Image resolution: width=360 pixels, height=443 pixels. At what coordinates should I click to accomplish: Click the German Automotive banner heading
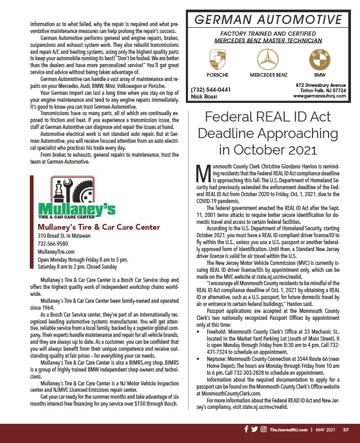click(268, 20)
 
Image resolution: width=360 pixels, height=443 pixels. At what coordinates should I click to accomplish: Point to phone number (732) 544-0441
click(210, 90)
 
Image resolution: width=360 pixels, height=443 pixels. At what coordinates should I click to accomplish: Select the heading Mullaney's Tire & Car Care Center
click(99, 227)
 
